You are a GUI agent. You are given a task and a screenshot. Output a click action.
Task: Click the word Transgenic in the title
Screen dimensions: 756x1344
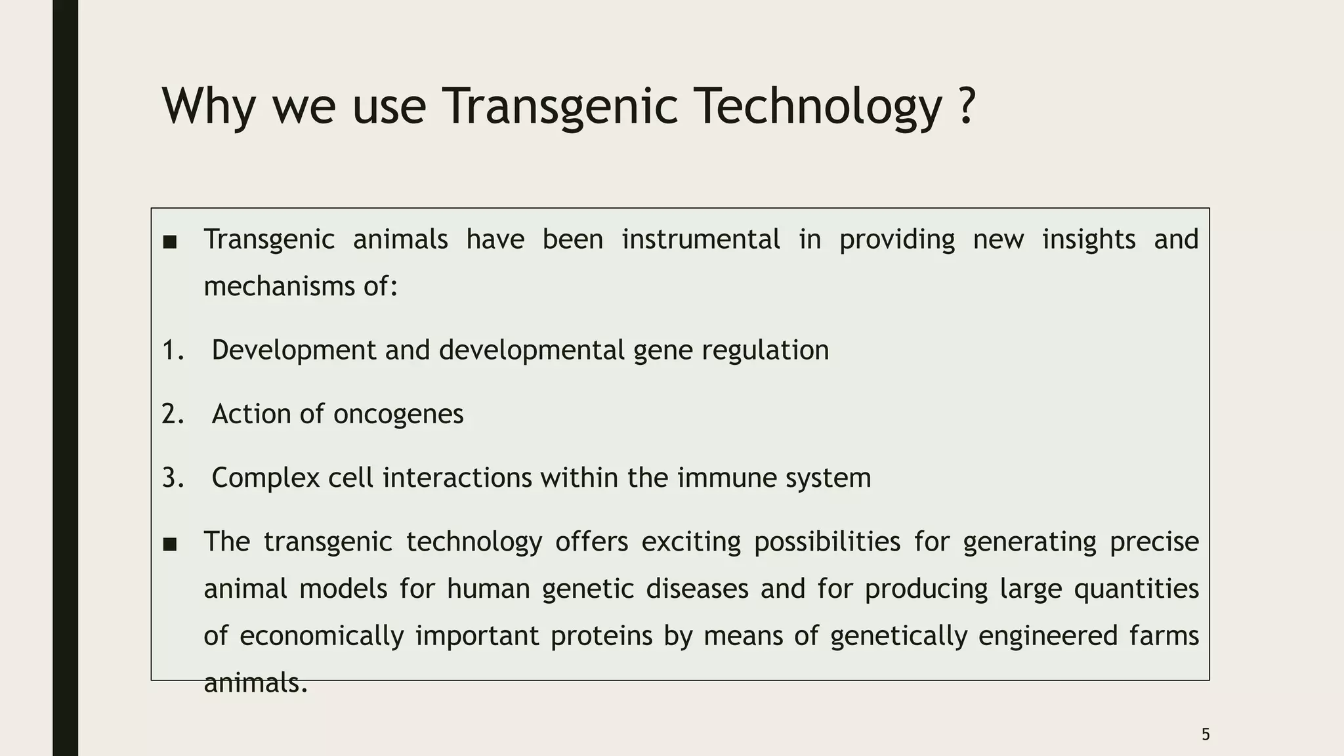click(x=560, y=106)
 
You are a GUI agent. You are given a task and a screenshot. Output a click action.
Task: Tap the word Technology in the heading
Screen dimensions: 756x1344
click(x=818, y=106)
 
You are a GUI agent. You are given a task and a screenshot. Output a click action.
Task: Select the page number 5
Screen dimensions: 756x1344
click(x=1206, y=734)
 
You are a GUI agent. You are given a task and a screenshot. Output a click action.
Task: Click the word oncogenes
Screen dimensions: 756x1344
click(x=398, y=414)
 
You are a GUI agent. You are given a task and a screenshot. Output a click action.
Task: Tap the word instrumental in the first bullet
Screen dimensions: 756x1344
click(x=701, y=239)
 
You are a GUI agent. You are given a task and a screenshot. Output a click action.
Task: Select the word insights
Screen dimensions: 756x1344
click(x=1089, y=239)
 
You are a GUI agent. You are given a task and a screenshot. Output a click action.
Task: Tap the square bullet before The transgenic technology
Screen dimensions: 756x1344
click(x=170, y=544)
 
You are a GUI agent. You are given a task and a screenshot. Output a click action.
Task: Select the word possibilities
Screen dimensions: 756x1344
click(x=827, y=542)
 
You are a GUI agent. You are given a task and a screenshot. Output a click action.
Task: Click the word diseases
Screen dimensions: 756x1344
click(x=697, y=589)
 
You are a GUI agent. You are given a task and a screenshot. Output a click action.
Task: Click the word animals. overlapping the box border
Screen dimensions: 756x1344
click(x=255, y=683)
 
